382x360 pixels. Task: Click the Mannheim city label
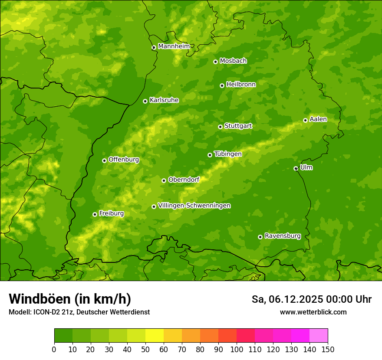pos(174,46)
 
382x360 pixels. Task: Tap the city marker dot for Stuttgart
pos(220,127)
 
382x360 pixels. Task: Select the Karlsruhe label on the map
pos(164,100)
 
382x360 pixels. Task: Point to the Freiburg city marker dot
pos(95,214)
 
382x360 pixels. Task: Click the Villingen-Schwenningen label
pos(194,206)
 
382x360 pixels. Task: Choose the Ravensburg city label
pos(283,236)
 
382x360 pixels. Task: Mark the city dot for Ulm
pos(296,168)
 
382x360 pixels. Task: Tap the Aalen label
pos(318,119)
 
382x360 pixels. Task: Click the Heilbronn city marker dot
pos(222,85)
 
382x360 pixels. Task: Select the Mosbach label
pos(233,61)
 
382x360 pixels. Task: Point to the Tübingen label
pos(228,154)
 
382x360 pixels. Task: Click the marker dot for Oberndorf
pos(164,180)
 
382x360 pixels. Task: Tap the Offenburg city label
pos(124,160)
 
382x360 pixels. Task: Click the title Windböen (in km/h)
pos(70,299)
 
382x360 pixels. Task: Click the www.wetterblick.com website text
pos(313,312)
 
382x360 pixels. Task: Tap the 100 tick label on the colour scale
pos(237,349)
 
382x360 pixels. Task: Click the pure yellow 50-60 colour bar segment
pos(155,336)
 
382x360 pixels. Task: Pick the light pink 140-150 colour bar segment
pos(319,336)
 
